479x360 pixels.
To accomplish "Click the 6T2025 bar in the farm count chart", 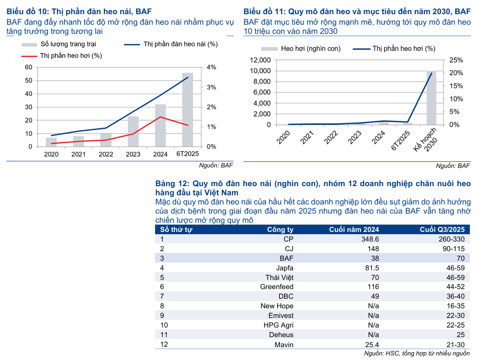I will pyautogui.click(x=188, y=110).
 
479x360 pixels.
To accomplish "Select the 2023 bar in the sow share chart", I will pyautogui.click(x=133, y=131).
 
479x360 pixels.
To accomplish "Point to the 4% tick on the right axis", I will pyautogui.click(x=211, y=67).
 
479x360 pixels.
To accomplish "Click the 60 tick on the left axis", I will pyautogui.click(x=28, y=67).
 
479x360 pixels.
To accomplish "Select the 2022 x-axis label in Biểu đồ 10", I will pyautogui.click(x=106, y=155).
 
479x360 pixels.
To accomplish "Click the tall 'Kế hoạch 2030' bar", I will pyautogui.click(x=431, y=98).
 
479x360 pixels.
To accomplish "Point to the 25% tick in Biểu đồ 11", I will pyautogui.click(x=444, y=60).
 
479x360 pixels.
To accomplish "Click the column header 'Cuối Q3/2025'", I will pyautogui.click(x=445, y=230).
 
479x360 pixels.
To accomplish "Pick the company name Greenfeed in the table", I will pyautogui.click(x=276, y=286).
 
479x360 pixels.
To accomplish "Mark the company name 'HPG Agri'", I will pyautogui.click(x=278, y=325).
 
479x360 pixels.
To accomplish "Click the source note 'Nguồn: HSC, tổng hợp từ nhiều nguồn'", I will pyautogui.click(x=416, y=354).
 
